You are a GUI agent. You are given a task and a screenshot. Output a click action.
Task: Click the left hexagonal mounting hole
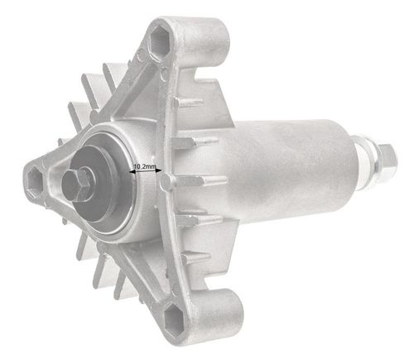(x=35, y=176)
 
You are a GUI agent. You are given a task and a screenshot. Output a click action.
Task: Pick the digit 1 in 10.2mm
(x=137, y=166)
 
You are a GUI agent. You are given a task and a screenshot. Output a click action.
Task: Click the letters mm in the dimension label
(x=154, y=166)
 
